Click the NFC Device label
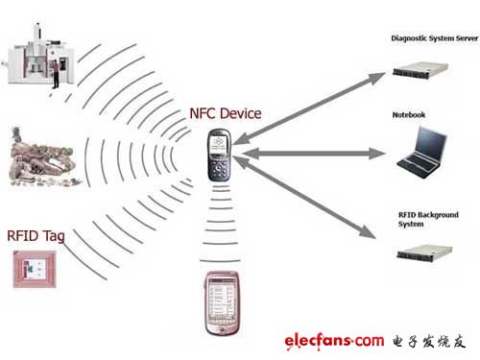pyautogui.click(x=226, y=113)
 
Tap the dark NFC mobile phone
pyautogui.click(x=219, y=155)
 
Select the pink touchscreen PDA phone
pyautogui.click(x=222, y=303)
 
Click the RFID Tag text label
pyautogui.click(x=36, y=236)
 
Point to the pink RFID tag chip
pyautogui.click(x=35, y=269)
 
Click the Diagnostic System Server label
pyautogui.click(x=435, y=38)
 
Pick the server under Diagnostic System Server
pyautogui.click(x=420, y=70)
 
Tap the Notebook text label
pyautogui.click(x=409, y=114)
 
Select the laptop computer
pyautogui.click(x=422, y=152)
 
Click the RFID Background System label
pyautogui.click(x=428, y=219)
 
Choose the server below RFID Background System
pyautogui.click(x=424, y=252)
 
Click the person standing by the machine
pyautogui.click(x=56, y=74)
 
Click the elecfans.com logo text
pyautogui.click(x=334, y=341)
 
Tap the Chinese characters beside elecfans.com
pyautogui.click(x=429, y=342)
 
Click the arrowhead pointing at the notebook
pyautogui.click(x=377, y=154)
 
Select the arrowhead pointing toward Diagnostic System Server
pyautogui.click(x=376, y=78)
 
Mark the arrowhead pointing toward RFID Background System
pyautogui.click(x=368, y=231)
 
